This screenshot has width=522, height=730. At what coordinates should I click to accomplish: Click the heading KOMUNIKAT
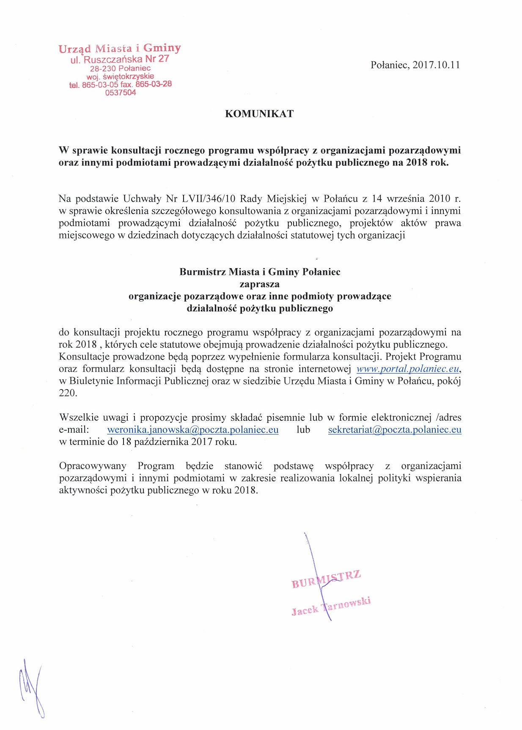(259, 114)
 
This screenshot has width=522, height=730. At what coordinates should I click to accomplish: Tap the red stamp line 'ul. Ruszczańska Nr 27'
(120, 59)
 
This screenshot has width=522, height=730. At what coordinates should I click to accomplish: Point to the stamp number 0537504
(121, 93)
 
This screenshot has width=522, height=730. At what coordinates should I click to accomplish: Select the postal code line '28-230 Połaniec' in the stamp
(120, 68)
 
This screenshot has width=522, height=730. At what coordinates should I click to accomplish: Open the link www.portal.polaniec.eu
(408, 368)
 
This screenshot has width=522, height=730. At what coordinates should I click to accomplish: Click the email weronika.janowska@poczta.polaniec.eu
(193, 430)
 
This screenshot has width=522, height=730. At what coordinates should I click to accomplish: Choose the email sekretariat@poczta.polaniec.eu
(394, 430)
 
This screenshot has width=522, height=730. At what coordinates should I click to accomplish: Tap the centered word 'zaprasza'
(259, 284)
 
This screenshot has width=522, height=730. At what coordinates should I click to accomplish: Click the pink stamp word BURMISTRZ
(326, 579)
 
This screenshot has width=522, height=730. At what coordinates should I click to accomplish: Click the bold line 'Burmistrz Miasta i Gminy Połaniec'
(260, 272)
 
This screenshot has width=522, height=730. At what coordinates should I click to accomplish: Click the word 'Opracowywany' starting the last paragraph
(93, 466)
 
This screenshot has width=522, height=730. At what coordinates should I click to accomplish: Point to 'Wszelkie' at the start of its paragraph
(78, 417)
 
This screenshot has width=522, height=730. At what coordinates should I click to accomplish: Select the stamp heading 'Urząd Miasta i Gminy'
(120, 48)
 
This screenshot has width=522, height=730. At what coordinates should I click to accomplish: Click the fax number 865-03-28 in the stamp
(154, 84)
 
